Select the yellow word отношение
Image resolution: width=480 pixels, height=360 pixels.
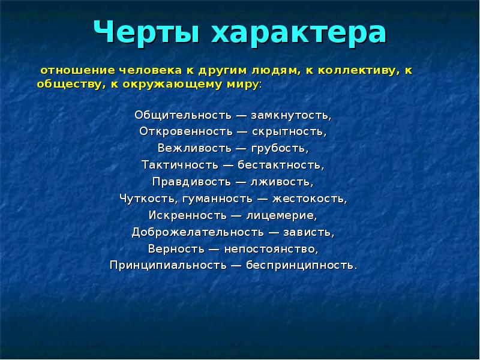69,71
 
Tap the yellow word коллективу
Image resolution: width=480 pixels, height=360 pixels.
359,71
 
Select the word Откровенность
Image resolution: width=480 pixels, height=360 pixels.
187,130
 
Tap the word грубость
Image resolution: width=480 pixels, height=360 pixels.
286,147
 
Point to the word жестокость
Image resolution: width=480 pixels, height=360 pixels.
316,197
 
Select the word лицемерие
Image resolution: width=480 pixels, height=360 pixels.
282,214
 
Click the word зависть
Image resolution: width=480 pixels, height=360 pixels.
309,230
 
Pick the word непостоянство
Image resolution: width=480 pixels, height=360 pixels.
277,247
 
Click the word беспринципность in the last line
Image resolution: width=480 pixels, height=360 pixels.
301,264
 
